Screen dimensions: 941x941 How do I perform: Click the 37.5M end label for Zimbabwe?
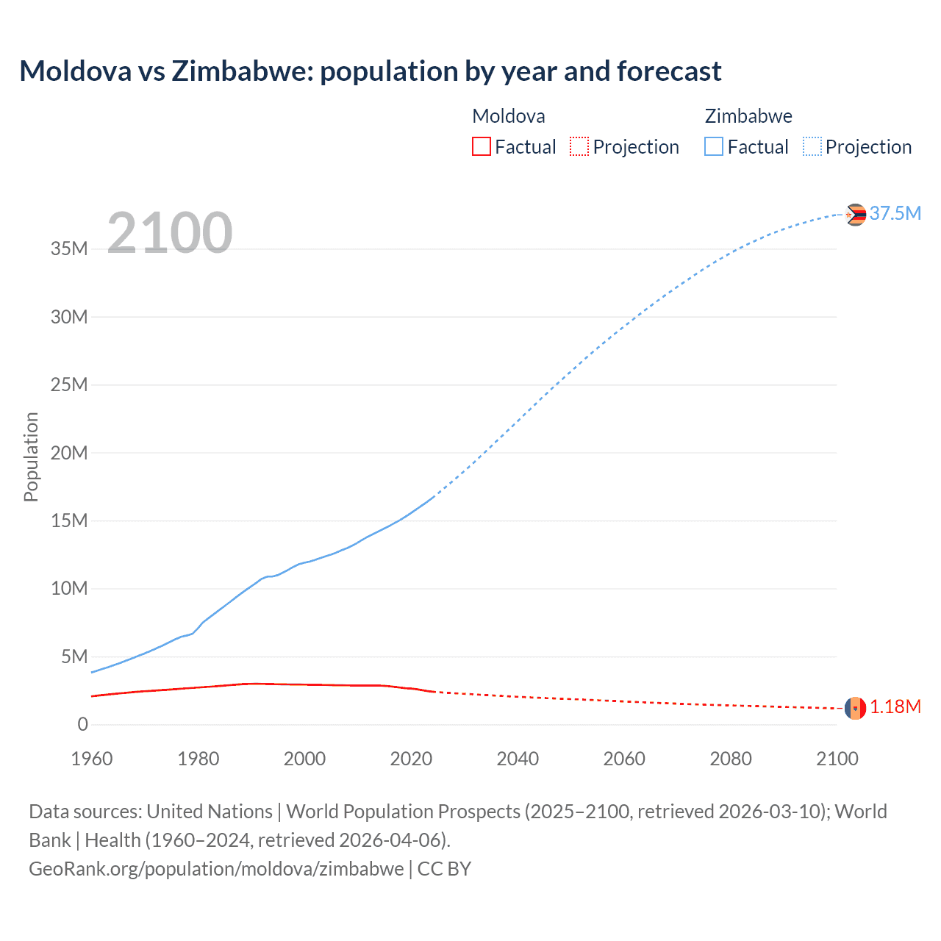pos(895,213)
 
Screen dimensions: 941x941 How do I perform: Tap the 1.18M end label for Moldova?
pos(895,707)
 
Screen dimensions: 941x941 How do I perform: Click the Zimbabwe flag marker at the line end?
pos(855,215)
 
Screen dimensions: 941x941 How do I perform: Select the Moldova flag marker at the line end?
pos(855,708)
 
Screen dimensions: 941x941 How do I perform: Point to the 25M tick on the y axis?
pos(69,385)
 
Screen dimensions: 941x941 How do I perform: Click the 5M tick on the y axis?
pos(74,656)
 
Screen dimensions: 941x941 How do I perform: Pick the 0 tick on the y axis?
pos(82,725)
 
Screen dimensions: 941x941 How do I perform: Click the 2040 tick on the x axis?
pos(518,759)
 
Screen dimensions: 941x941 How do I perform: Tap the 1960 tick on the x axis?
pos(92,759)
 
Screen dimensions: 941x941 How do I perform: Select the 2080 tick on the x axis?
pos(731,759)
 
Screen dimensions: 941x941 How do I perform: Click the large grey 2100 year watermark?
pos(170,233)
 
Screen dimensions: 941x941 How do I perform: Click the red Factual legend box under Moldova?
pos(481,146)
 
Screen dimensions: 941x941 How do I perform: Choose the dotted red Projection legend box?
pos(579,146)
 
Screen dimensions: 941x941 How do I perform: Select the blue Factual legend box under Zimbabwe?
pos(713,146)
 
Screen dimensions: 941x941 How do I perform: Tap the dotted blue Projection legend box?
pos(812,146)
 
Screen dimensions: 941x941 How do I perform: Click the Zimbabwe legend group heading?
pos(748,116)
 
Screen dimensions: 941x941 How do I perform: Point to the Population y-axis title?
pos(31,457)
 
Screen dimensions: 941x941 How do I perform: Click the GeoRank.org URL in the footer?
pos(216,869)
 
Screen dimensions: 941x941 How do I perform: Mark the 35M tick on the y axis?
pos(69,249)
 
